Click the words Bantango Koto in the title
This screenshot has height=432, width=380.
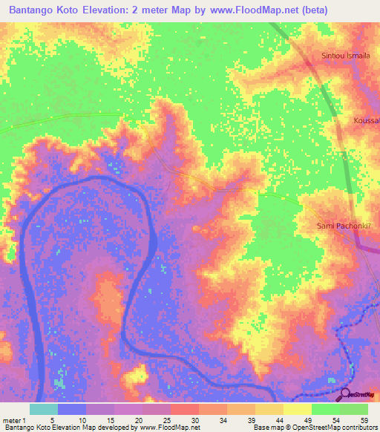coord(42,10)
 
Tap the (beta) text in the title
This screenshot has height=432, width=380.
coord(327,10)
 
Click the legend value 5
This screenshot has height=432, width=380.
coord(52,419)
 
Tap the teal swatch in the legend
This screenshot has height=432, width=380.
coord(43,409)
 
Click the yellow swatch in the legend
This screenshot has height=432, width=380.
coord(297,409)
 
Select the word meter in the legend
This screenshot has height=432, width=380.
coord(12,419)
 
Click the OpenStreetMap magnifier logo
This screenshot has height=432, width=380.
coord(344,394)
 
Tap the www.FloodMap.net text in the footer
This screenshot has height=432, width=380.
coord(170,428)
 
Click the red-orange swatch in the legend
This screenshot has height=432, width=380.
coord(184,409)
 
